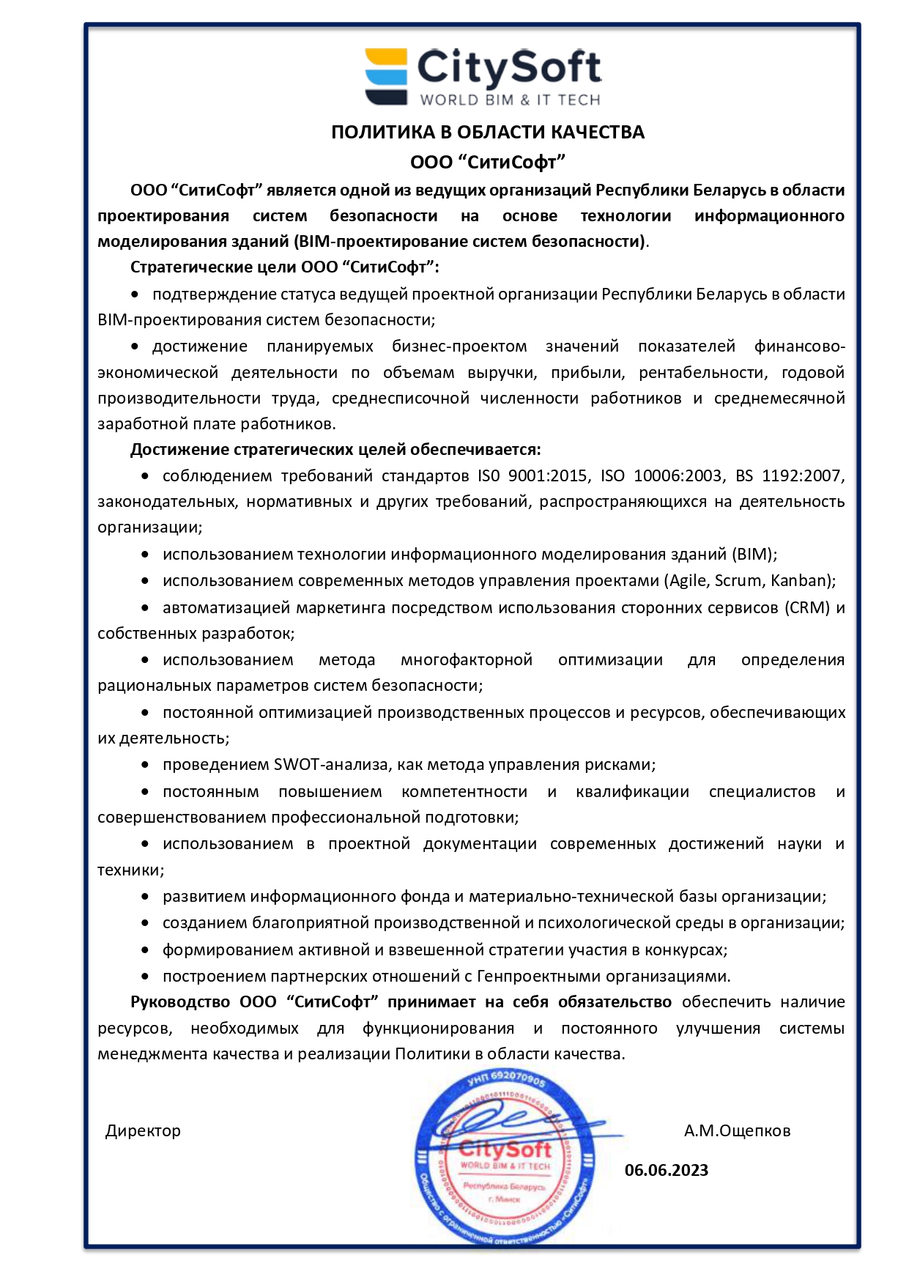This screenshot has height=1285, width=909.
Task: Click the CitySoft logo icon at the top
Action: pos(386,76)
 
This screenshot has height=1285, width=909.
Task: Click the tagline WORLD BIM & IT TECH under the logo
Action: pos(510,100)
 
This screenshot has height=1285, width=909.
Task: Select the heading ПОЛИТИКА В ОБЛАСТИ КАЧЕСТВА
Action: pos(488,132)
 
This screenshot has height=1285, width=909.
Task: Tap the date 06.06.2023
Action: pos(667,1170)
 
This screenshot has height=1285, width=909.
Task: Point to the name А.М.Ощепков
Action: pos(737,1130)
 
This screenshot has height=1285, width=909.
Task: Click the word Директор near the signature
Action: pos(143,1130)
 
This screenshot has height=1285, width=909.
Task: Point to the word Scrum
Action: pos(738,581)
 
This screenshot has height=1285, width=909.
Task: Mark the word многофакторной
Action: pos(466,660)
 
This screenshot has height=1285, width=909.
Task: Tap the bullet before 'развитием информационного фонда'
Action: pos(145,897)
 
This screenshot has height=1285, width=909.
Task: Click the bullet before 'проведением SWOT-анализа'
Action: pos(145,765)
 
